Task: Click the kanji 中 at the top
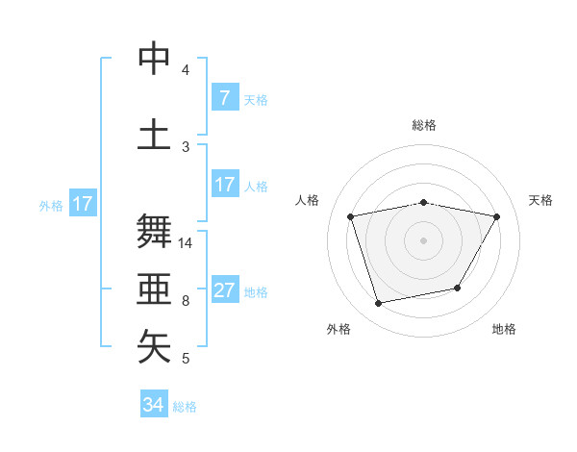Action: coord(155,61)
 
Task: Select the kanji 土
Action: coord(155,133)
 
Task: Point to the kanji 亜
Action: coord(155,288)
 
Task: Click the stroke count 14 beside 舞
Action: coord(187,243)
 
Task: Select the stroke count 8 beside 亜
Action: coord(186,301)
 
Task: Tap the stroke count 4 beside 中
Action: coord(186,70)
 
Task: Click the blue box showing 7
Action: coord(224,97)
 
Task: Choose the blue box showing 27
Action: coord(224,290)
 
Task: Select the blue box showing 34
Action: coord(153,405)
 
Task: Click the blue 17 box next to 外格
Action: coord(82,204)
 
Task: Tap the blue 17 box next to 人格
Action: coord(224,185)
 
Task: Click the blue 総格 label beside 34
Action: coord(185,407)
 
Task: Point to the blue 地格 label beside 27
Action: coord(257,292)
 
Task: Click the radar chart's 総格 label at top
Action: coord(424,125)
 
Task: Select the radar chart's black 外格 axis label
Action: coord(339,329)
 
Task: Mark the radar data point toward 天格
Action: coord(497,217)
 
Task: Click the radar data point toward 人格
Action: coord(351,217)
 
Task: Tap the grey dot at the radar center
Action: coord(424,240)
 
